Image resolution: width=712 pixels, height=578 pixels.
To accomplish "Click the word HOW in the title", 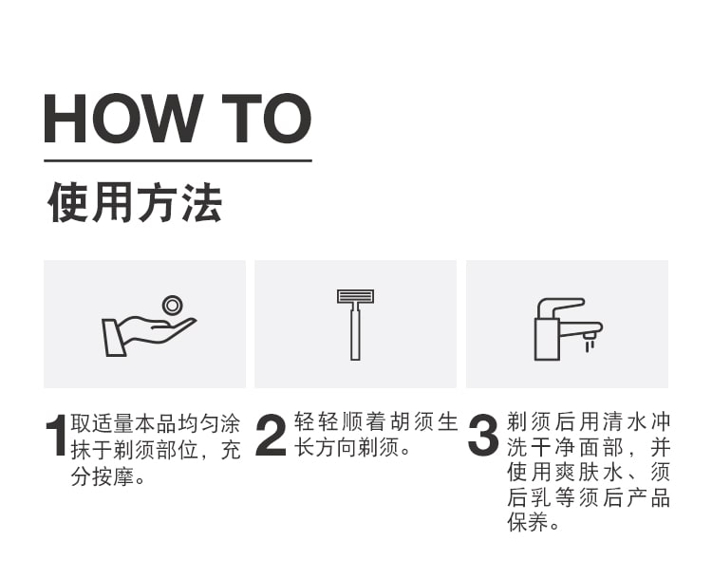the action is click(123, 118).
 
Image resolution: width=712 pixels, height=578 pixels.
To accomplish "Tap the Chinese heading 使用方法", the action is click(135, 202).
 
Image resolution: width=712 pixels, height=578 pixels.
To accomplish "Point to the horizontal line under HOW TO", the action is click(178, 160).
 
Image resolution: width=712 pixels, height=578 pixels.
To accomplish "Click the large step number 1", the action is click(56, 435).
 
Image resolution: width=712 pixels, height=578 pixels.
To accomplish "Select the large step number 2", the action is click(272, 435).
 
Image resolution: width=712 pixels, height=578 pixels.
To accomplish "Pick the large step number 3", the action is click(483, 435).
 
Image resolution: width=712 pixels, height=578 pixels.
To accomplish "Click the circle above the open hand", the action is click(172, 306).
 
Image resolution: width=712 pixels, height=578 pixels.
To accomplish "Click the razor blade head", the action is click(356, 296).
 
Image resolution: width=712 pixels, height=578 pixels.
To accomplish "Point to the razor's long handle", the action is click(356, 332).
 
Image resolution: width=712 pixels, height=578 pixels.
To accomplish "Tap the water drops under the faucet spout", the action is click(590, 346).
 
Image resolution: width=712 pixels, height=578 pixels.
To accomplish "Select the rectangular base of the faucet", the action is click(547, 339).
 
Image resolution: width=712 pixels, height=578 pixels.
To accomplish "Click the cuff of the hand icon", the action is click(114, 338).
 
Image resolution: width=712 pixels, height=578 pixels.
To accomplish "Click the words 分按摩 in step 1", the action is click(102, 476).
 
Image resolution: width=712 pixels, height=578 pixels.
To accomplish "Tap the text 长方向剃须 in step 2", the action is click(347, 448).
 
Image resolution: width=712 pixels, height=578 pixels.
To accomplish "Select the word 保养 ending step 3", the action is click(527, 522).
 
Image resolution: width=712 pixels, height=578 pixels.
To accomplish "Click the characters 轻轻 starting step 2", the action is click(315, 421).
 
